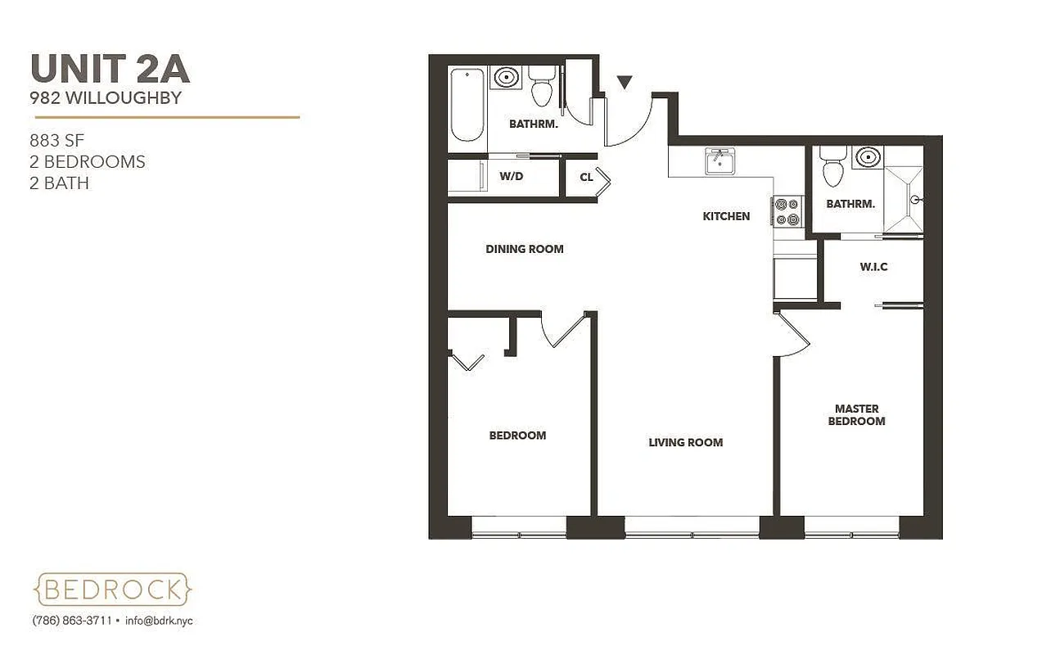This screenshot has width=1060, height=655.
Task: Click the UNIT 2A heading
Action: click(110, 69)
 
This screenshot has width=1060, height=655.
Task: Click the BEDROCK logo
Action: click(114, 589)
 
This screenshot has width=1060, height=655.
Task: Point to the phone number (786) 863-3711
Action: click(72, 621)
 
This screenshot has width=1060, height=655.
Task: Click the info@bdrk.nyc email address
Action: click(159, 621)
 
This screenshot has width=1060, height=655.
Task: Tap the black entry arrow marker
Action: click(625, 82)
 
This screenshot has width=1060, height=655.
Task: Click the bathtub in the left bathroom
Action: click(467, 106)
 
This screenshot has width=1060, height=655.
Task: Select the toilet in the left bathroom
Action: click(540, 88)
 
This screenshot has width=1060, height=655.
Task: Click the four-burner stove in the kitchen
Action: click(787, 211)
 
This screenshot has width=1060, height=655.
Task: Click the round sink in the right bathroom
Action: click(865, 157)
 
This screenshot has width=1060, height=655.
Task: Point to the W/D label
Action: click(512, 176)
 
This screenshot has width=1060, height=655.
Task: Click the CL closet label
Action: click(586, 177)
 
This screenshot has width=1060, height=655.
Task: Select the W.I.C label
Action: click(873, 267)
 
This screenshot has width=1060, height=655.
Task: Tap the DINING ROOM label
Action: click(524, 249)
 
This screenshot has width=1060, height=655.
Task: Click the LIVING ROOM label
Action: click(685, 442)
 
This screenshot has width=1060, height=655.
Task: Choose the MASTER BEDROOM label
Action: click(856, 414)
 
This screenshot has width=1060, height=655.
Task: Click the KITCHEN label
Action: click(726, 216)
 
